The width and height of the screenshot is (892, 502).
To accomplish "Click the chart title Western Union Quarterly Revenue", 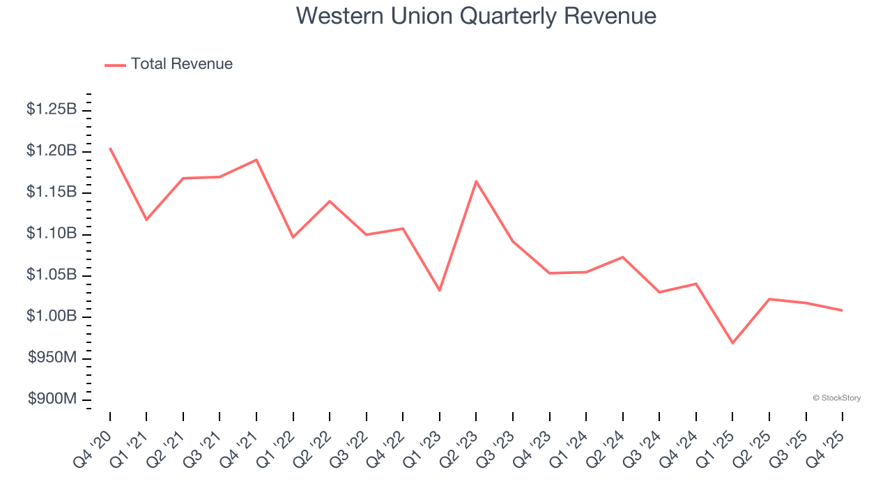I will [476, 15].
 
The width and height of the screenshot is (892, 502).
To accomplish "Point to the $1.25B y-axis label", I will [52, 109].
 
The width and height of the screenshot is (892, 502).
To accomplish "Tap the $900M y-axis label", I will [52, 399].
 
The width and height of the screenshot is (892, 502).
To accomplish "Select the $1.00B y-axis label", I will [52, 316].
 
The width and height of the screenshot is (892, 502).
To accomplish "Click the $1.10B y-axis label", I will [52, 233].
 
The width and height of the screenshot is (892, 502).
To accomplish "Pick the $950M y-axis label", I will [52, 358].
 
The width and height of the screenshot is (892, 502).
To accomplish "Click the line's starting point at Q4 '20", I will [110, 148].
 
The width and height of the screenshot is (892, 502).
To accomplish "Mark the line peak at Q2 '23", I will [476, 181].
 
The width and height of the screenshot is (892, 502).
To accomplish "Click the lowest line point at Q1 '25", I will [732, 343].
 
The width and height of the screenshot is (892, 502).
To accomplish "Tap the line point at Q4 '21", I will [256, 160].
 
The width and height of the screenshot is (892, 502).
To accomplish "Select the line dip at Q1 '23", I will [440, 290].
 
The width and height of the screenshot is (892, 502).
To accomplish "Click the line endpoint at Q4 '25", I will [843, 310].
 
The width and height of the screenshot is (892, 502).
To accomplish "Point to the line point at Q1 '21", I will [146, 220].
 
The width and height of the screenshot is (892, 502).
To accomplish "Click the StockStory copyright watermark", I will [836, 398].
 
